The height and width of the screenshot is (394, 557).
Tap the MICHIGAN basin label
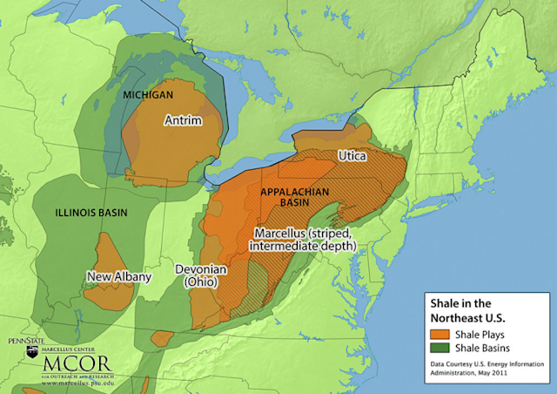(x=148, y=93)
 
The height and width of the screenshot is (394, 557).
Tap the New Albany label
(x=119, y=277)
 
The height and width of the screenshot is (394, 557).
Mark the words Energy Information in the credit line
(x=511, y=365)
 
